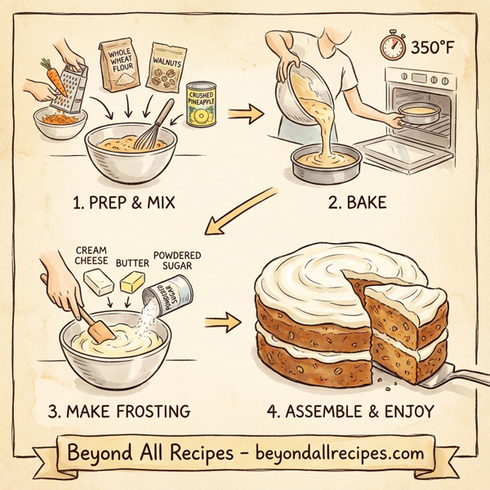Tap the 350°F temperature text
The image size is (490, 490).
click(430, 47)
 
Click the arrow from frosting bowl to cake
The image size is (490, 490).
click(216, 325)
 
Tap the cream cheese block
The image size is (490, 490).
click(96, 283)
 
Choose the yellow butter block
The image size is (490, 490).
click(133, 283)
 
